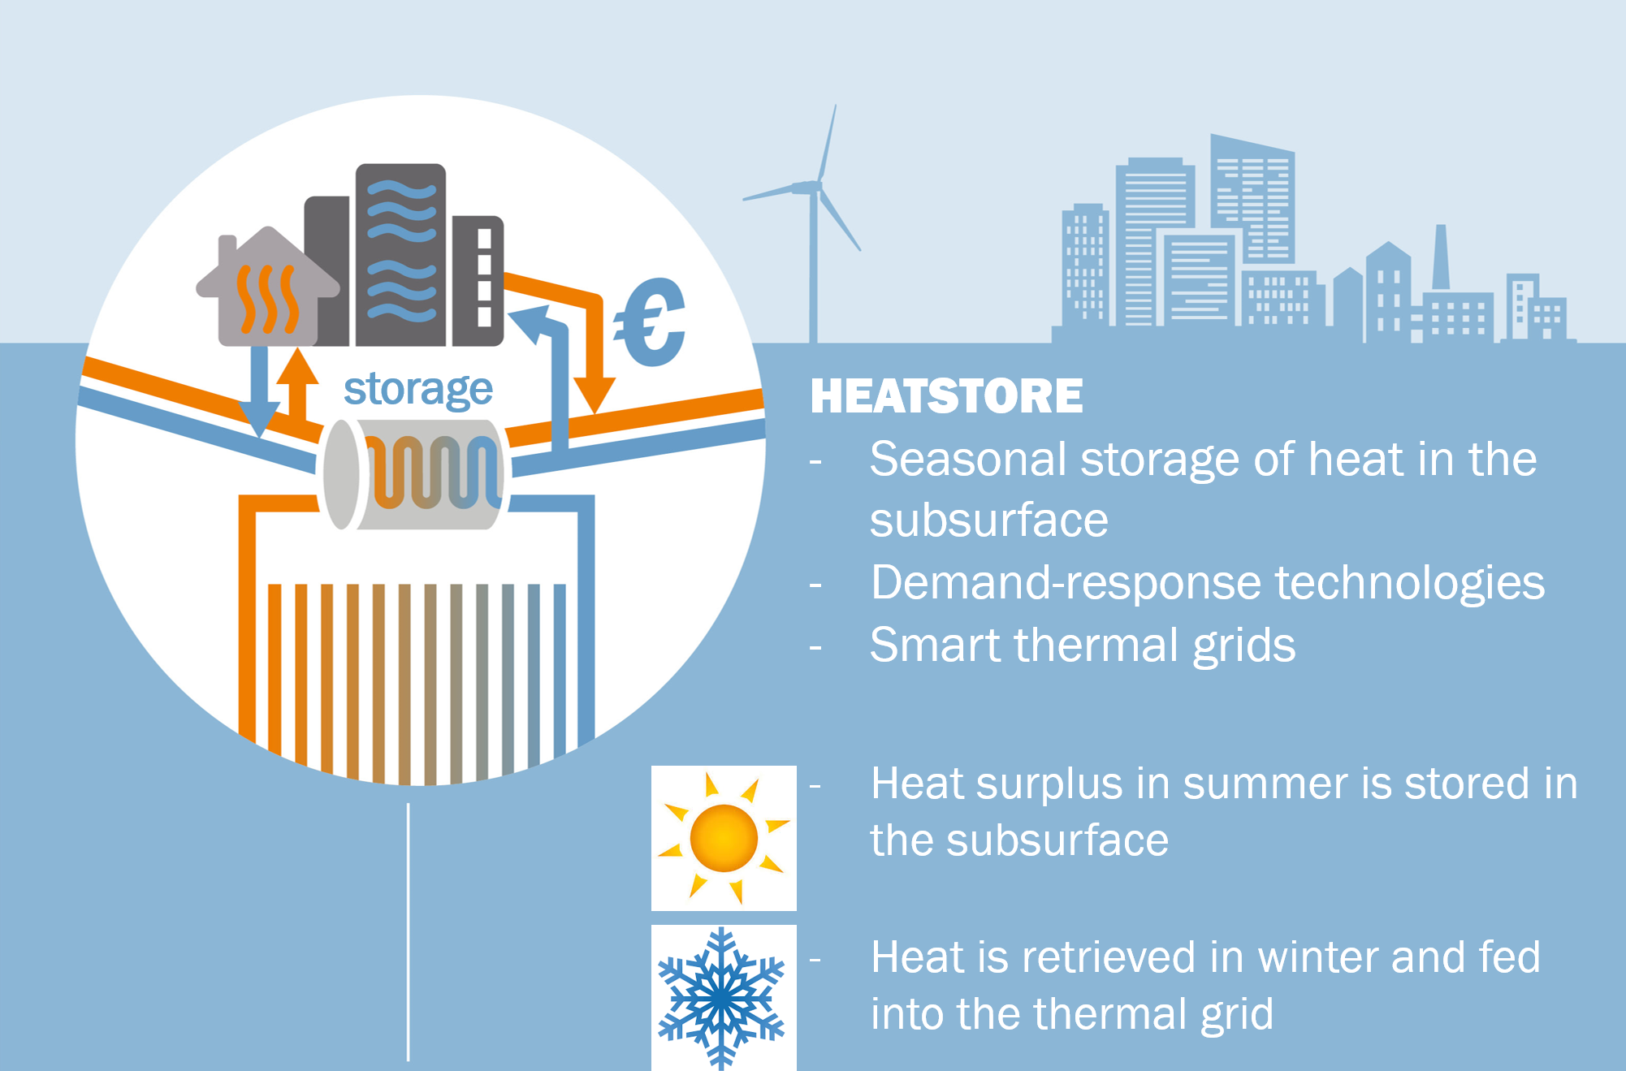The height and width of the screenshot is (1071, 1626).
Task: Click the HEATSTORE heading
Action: tap(946, 396)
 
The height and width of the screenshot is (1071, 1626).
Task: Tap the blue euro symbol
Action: tap(650, 322)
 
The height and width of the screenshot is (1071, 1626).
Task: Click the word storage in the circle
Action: tap(418, 391)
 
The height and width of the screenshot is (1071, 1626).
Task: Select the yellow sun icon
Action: tap(724, 838)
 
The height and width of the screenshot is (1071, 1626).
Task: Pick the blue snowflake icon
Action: tap(721, 998)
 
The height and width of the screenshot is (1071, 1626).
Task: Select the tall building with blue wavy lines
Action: tap(400, 255)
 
